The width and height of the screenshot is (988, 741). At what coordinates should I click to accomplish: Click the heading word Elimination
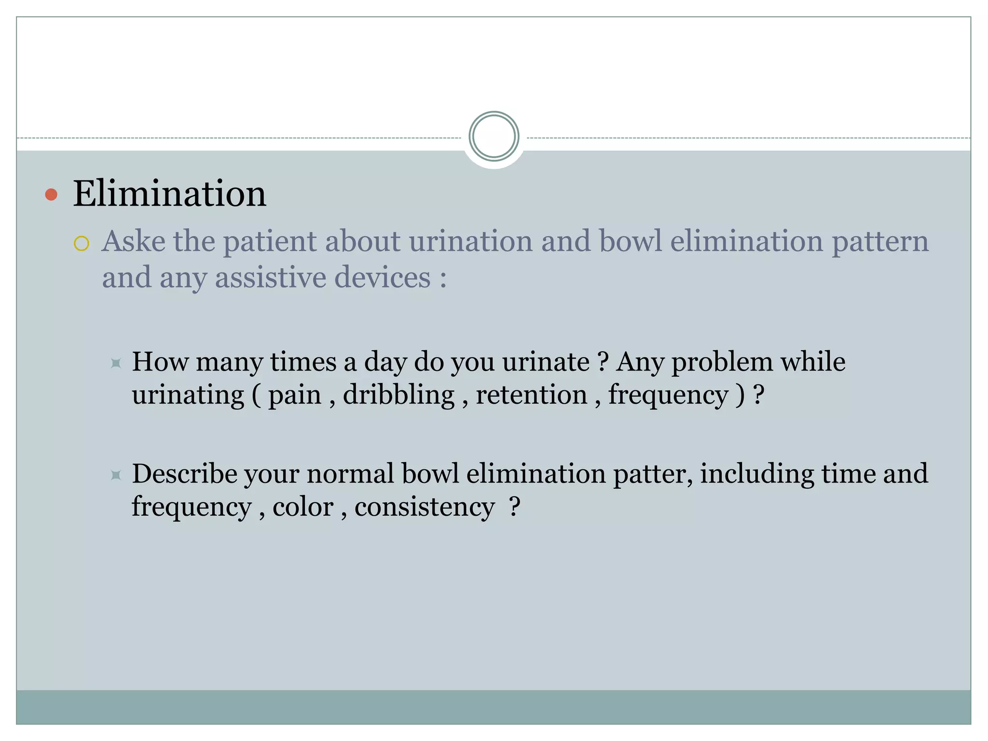pyautogui.click(x=169, y=194)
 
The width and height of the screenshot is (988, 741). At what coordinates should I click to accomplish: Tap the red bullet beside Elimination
pyautogui.click(x=51, y=195)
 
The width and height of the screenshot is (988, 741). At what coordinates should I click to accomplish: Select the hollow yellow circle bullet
pyautogui.click(x=82, y=244)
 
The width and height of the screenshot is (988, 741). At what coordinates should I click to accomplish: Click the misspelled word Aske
pyautogui.click(x=133, y=241)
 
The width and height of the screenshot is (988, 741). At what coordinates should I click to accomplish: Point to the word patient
pyautogui.click(x=270, y=242)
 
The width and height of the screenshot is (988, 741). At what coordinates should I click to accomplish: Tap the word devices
pyautogui.click(x=382, y=277)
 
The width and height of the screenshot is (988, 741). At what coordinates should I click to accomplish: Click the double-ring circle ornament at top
pyautogui.click(x=494, y=137)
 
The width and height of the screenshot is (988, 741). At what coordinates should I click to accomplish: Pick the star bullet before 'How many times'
pyautogui.click(x=116, y=363)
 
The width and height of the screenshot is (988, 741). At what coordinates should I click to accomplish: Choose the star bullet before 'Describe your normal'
pyautogui.click(x=116, y=475)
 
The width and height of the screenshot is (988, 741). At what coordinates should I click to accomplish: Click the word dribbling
pyautogui.click(x=398, y=395)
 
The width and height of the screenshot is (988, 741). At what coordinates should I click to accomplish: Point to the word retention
pyautogui.click(x=531, y=395)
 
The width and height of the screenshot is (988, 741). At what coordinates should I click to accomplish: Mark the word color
pyautogui.click(x=303, y=507)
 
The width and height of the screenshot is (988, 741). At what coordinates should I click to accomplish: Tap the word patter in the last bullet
pyautogui.click(x=653, y=474)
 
